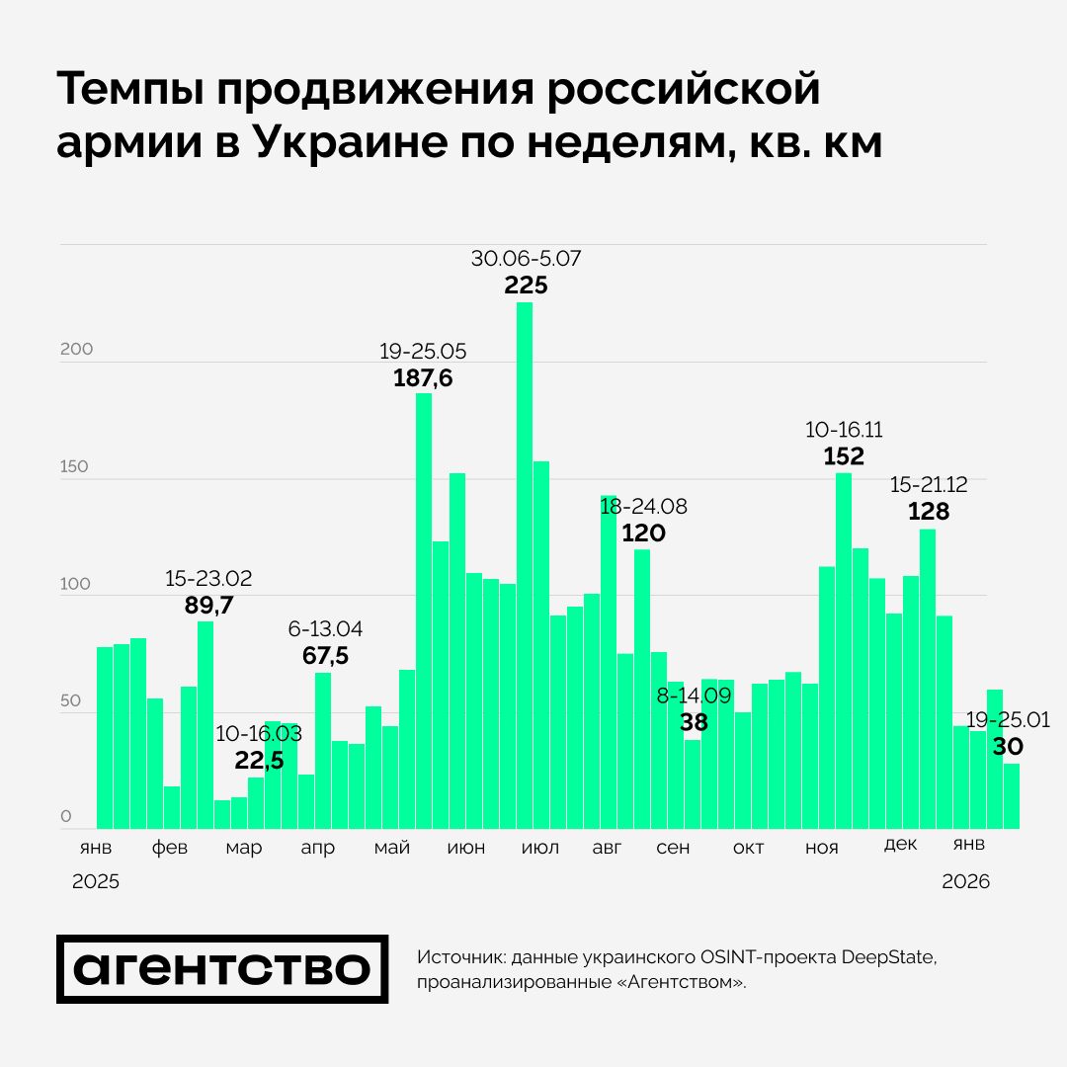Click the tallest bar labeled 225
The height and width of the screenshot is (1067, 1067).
(x=525, y=563)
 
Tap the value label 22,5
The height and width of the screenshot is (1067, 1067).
(x=260, y=760)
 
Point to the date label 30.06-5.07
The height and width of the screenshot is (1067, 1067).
(x=526, y=259)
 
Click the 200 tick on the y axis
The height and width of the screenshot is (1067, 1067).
(x=76, y=350)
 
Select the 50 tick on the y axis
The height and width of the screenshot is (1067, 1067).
(x=72, y=701)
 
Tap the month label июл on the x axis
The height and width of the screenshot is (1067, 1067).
(x=539, y=849)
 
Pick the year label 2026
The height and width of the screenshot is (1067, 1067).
(x=965, y=882)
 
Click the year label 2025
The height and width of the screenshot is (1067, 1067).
(x=96, y=882)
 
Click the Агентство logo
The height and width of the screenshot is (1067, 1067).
(x=221, y=969)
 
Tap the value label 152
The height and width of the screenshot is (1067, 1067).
(x=844, y=456)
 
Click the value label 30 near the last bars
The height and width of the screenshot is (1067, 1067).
(x=1008, y=747)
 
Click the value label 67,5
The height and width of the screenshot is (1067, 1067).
(x=325, y=655)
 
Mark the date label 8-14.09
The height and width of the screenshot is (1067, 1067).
(x=694, y=696)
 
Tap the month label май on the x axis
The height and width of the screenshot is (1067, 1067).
(x=392, y=849)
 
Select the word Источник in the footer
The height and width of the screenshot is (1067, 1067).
(x=459, y=957)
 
